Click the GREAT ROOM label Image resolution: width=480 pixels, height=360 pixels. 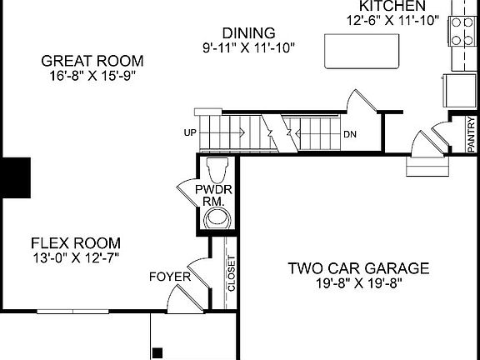pyautogui.click(x=92, y=61)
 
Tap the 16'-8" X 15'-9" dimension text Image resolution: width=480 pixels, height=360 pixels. pyautogui.click(x=92, y=76)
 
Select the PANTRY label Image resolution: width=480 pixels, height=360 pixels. pyautogui.click(x=471, y=133)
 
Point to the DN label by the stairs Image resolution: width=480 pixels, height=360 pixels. pyautogui.click(x=350, y=134)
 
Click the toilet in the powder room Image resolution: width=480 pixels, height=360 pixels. pyautogui.click(x=218, y=169)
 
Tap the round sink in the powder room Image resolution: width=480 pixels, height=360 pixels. pyautogui.click(x=218, y=218)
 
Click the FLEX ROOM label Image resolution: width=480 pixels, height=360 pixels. pyautogui.click(x=76, y=243)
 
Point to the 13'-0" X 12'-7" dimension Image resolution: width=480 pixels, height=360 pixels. pyautogui.click(x=76, y=257)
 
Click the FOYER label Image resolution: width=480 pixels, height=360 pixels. pyautogui.click(x=169, y=277)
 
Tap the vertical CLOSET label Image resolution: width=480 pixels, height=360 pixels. pyautogui.click(x=232, y=272)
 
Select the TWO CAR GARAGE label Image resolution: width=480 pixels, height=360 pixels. pyautogui.click(x=358, y=268)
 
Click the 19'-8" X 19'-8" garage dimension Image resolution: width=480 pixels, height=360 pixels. pyautogui.click(x=358, y=283)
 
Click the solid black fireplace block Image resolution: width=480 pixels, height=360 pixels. pyautogui.click(x=15, y=177)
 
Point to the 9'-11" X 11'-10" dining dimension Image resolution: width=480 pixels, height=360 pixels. pyautogui.click(x=247, y=48)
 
